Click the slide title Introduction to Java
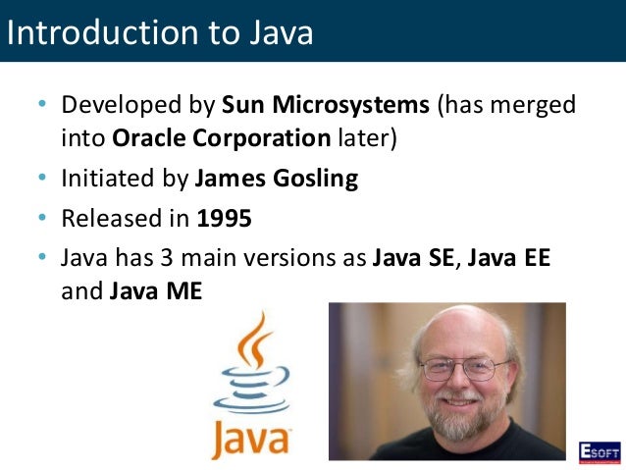(x=160, y=31)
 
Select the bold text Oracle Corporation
(x=221, y=137)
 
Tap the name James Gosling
(x=277, y=180)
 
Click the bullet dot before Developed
(x=42, y=105)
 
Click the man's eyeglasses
(x=458, y=369)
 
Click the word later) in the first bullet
(x=365, y=137)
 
